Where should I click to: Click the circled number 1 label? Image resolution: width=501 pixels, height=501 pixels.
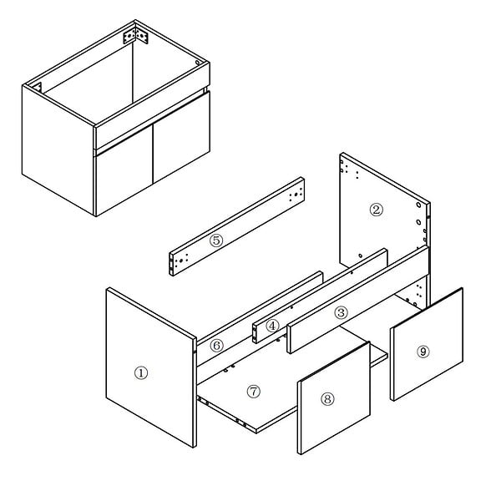pos(141,373)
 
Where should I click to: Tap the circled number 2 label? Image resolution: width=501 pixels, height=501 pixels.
pos(376,210)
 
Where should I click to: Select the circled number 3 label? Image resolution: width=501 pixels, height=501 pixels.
pos(341,312)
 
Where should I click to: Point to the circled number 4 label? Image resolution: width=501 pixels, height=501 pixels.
pos(272,326)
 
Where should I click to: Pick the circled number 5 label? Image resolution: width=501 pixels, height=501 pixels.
pos(216,240)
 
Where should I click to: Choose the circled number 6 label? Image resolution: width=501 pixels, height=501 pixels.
pos(216,346)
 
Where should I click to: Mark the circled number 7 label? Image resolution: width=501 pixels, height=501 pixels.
pos(254,391)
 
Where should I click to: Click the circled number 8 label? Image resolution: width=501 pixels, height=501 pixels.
pos(327,399)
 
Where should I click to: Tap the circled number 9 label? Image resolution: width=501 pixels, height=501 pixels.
pos(423,352)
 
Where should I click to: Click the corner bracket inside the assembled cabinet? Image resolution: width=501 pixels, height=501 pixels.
pos(136,35)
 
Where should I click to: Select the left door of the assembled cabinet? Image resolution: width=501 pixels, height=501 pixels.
pos(124,170)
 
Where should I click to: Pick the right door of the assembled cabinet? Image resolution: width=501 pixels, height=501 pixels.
pos(181,137)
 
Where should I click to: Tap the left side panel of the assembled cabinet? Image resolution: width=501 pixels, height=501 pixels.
pos(58,149)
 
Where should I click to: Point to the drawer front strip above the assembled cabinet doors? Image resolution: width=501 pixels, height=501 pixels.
pos(152,106)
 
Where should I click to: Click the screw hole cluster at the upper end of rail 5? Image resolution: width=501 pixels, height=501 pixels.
pos(296,195)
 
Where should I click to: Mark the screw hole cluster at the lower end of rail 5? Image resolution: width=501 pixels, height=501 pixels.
pos(180,260)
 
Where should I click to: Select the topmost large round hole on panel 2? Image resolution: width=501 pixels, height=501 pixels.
pos(418,205)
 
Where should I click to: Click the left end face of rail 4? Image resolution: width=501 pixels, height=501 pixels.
pos(255,334)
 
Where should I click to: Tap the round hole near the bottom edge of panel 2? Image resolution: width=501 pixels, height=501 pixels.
pos(361,256)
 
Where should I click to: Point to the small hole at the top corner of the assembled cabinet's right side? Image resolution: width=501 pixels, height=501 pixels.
pos(197,63)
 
